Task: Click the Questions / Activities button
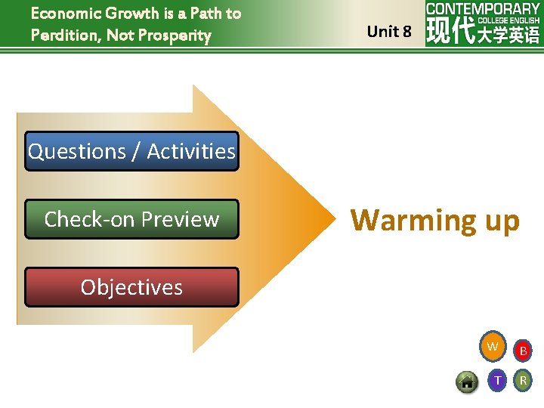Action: click(x=131, y=151)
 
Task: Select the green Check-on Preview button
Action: click(x=131, y=219)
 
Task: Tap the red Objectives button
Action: click(x=131, y=287)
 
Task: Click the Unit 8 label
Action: click(x=389, y=32)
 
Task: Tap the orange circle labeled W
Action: click(x=493, y=347)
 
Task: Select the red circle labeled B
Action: click(x=523, y=351)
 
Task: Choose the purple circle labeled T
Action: click(x=497, y=380)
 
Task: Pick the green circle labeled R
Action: click(x=523, y=380)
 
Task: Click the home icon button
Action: click(x=467, y=382)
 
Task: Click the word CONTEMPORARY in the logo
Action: click(x=483, y=9)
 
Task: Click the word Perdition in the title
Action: click(x=64, y=35)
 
